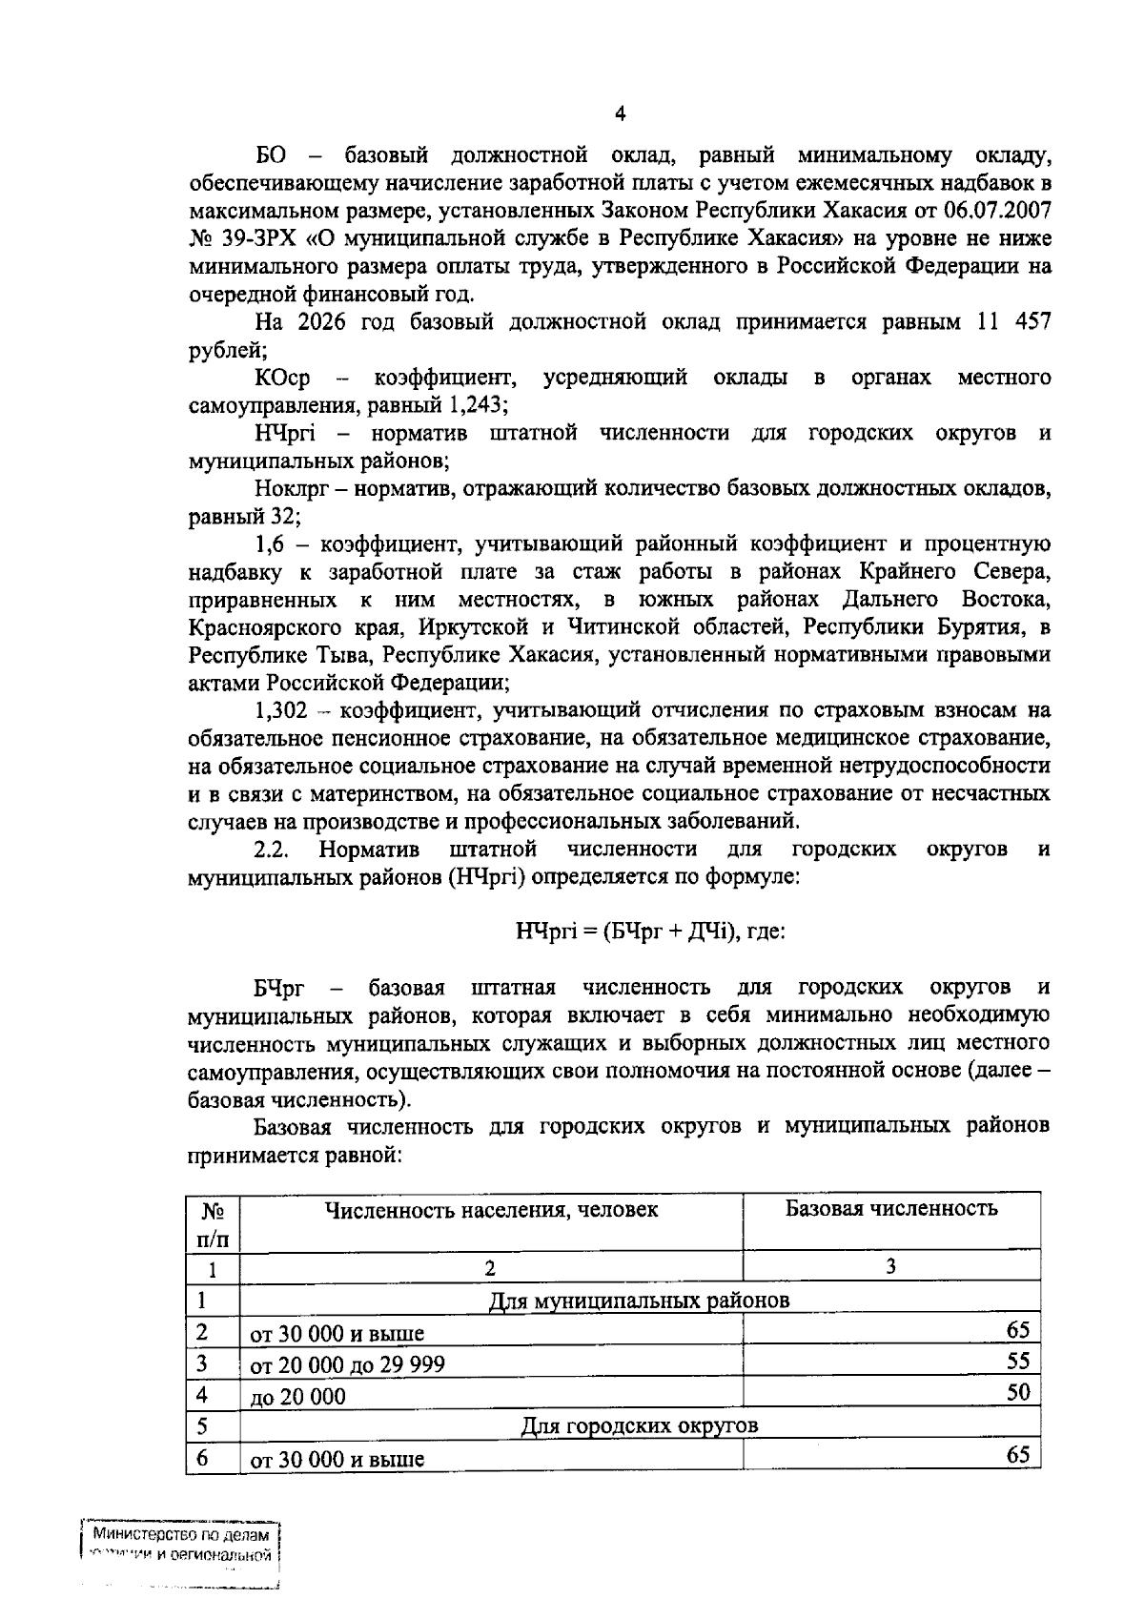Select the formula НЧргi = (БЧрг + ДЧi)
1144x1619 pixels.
click(625, 932)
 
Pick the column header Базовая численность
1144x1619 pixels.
click(890, 1209)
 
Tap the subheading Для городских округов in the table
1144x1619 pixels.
click(639, 1426)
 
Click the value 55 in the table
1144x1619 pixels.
click(1018, 1361)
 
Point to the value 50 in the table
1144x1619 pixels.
click(1018, 1392)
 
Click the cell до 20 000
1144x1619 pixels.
click(297, 1397)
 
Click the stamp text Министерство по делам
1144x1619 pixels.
click(180, 1536)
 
